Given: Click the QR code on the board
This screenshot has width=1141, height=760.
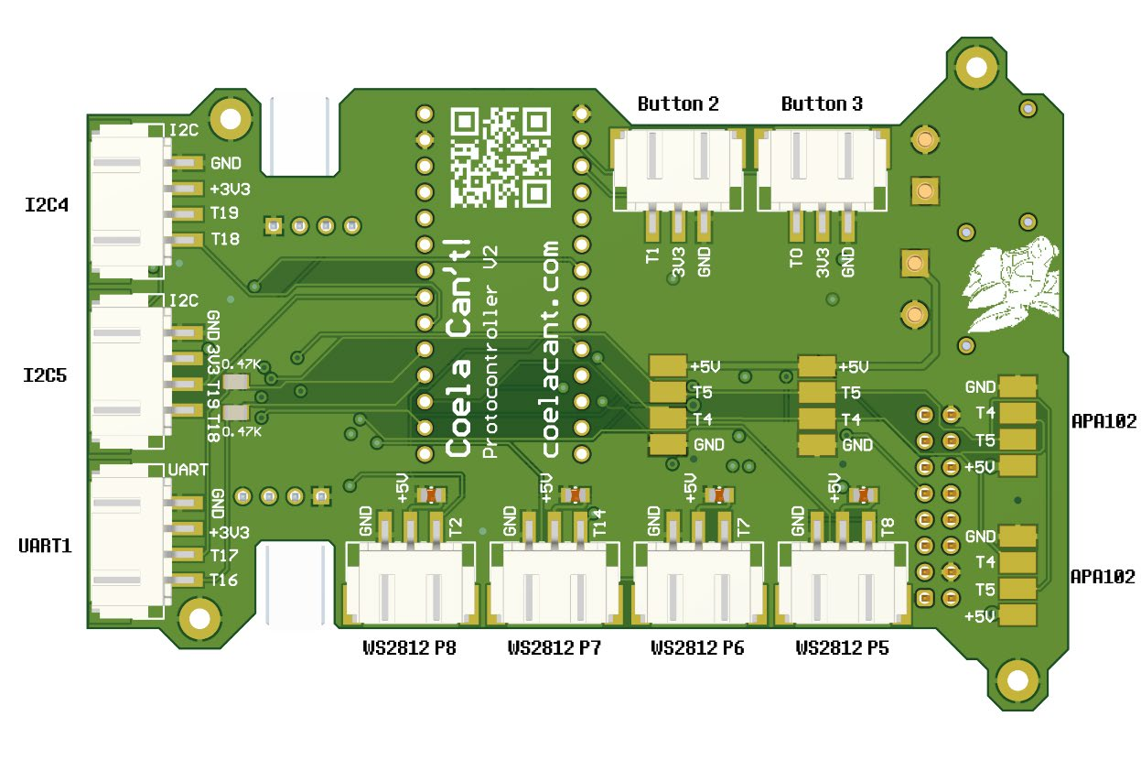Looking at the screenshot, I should coord(501,156).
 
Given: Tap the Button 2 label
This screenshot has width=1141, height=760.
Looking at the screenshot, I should coord(677,104).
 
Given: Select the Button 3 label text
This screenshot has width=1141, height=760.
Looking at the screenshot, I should coord(821,104).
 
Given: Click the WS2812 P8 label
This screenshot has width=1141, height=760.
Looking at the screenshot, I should coord(409,648).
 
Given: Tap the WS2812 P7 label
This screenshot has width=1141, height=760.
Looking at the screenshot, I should coord(554,648).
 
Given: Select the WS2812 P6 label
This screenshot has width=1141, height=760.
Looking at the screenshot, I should coord(697,648).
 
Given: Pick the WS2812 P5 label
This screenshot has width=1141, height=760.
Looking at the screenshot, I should coord(842,648).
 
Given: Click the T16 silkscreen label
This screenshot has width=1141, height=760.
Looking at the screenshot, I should coord(224,581).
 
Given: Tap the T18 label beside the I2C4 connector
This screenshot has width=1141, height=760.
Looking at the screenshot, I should coord(225,240).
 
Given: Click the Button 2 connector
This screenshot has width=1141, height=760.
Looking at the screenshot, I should coord(678,165).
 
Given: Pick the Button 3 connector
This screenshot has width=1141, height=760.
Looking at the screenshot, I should coord(823,165).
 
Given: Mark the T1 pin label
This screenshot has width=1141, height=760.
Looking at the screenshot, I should coord(652,255).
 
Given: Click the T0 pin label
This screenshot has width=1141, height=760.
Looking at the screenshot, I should coord(796,255).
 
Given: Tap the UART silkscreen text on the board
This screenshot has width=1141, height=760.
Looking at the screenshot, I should coord(189,470).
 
